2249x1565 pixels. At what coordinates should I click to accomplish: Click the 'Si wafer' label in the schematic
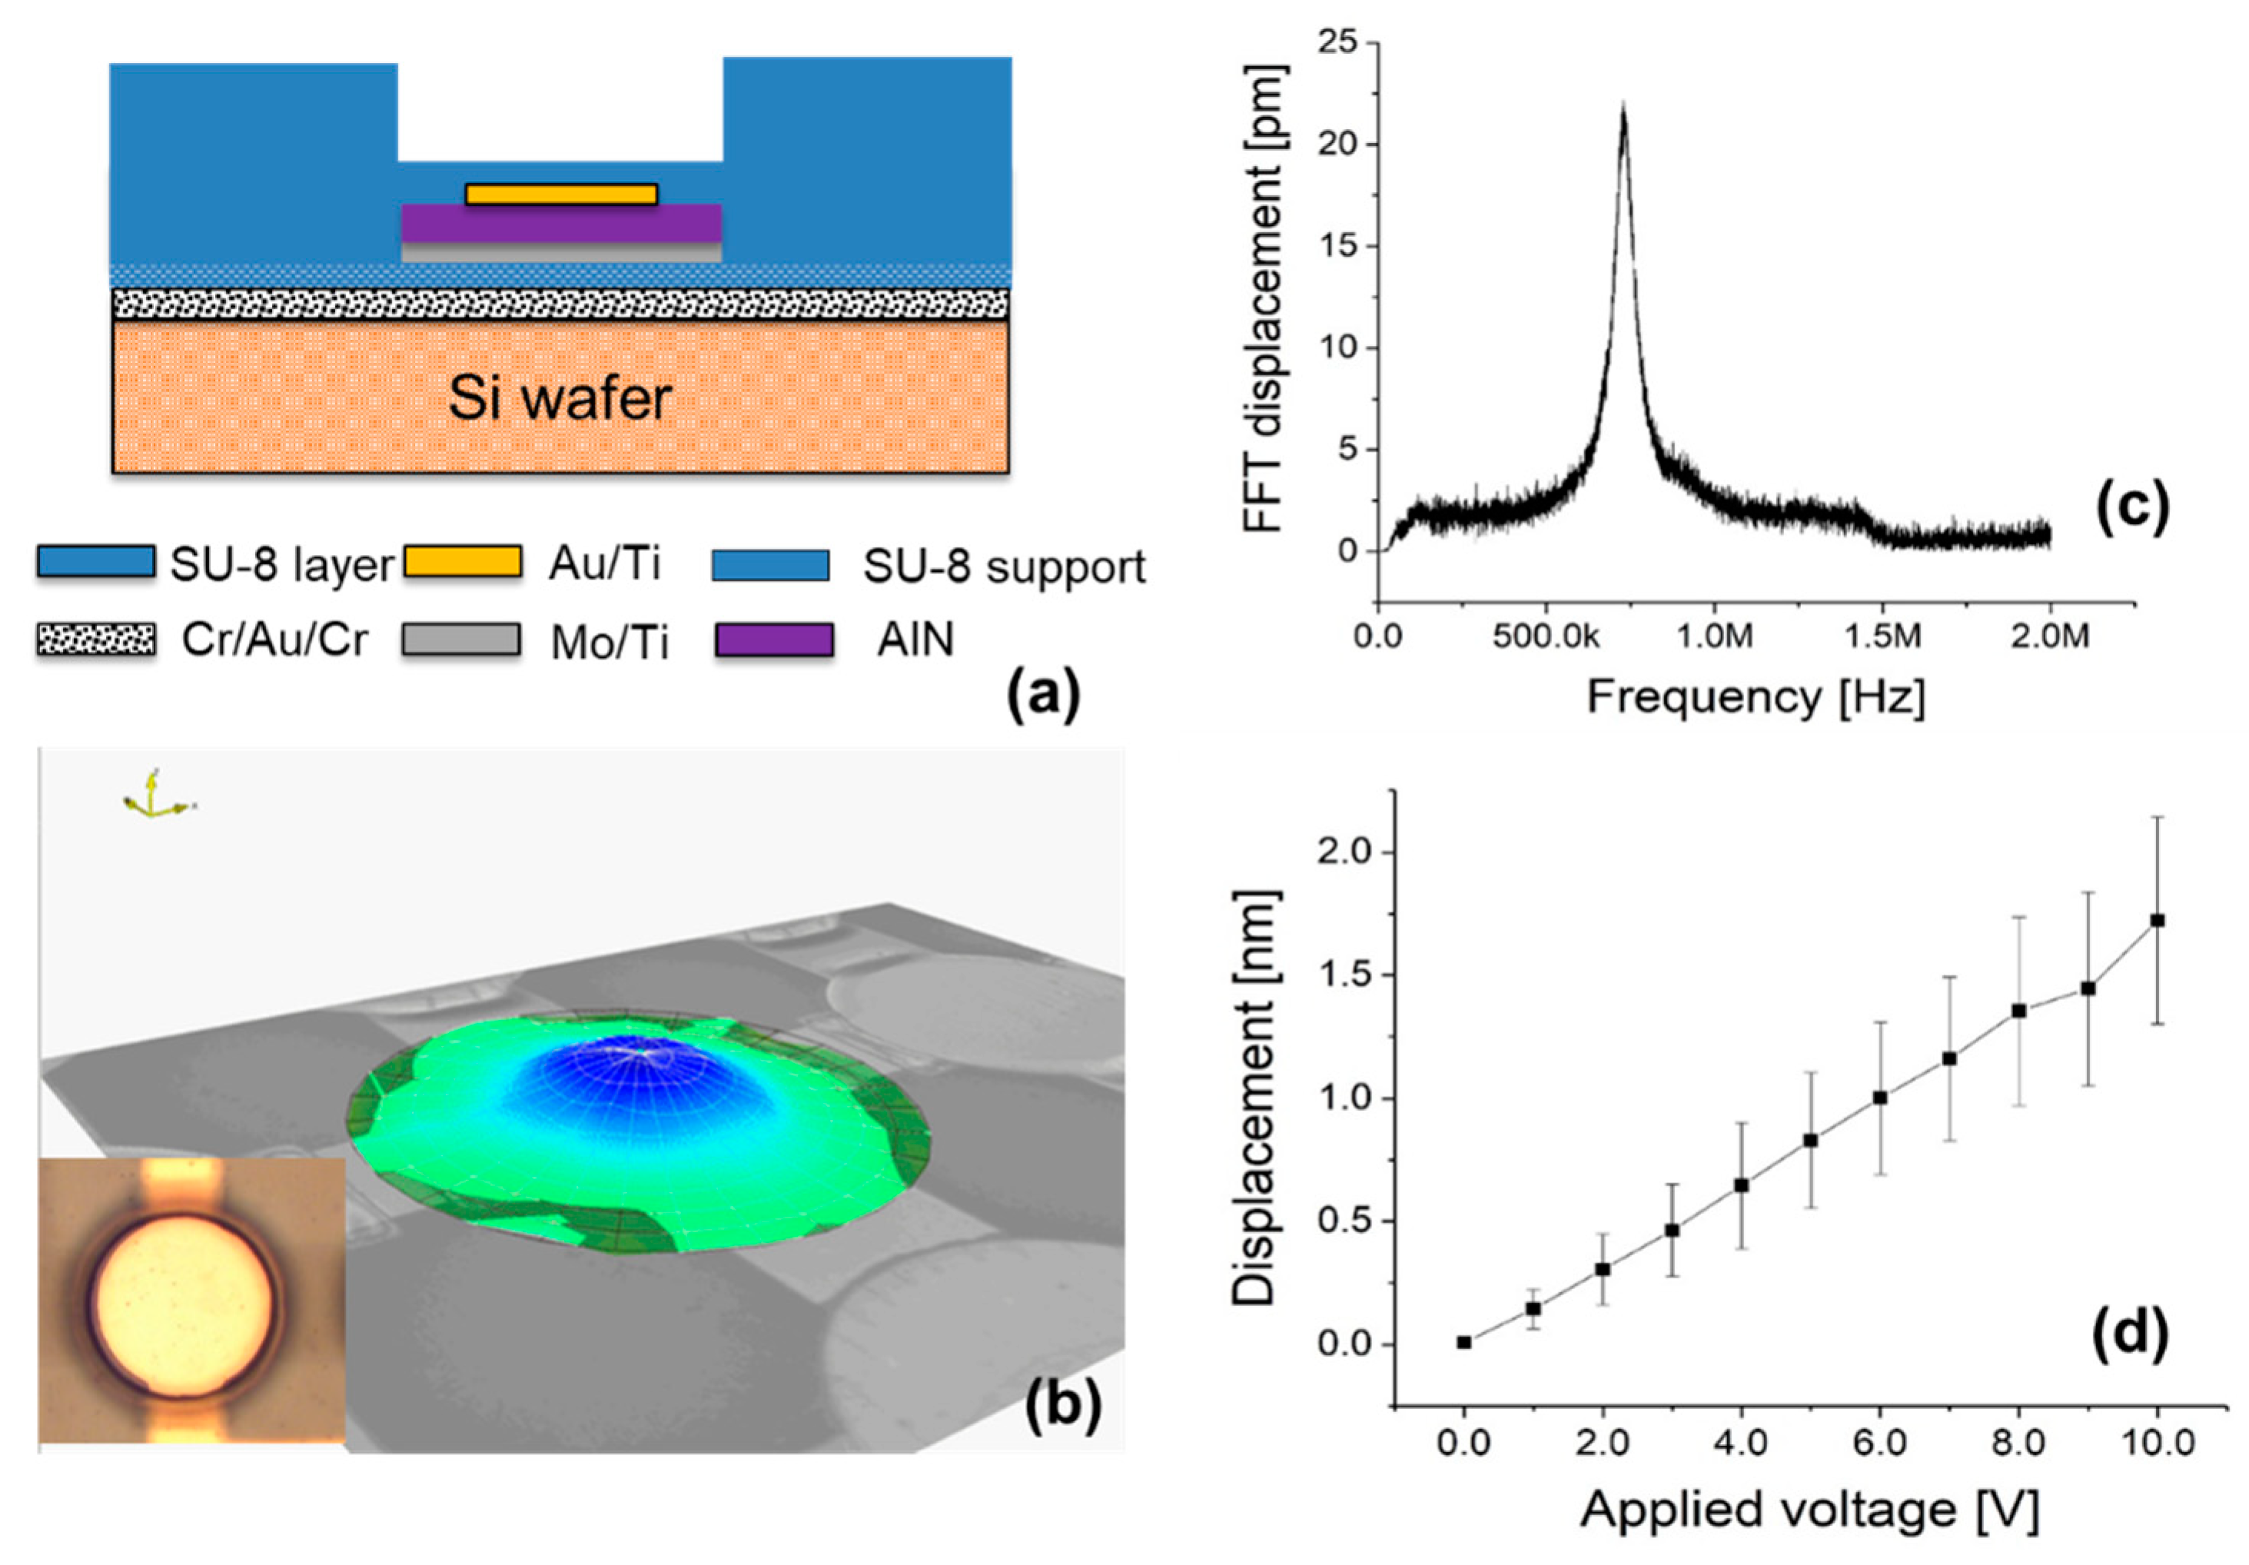coord(560,399)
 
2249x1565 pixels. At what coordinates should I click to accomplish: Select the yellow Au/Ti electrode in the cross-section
coord(561,194)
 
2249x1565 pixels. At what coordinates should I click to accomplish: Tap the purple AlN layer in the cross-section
coord(561,223)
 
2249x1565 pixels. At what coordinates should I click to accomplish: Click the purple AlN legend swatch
coord(774,640)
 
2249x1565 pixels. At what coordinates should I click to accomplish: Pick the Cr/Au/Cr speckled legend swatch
coord(95,640)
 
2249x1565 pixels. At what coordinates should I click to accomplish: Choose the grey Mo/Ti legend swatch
coord(460,640)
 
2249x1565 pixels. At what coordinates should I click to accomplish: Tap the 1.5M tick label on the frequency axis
coord(1882,636)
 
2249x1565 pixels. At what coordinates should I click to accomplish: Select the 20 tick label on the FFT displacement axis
coord(1339,144)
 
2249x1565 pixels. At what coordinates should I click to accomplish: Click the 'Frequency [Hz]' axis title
coord(1756,697)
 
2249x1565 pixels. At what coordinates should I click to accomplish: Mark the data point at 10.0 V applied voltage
coord(2157,921)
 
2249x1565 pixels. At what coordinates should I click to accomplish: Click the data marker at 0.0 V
coord(1463,1343)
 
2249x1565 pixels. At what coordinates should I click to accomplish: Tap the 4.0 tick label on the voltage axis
coord(1741,1443)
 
